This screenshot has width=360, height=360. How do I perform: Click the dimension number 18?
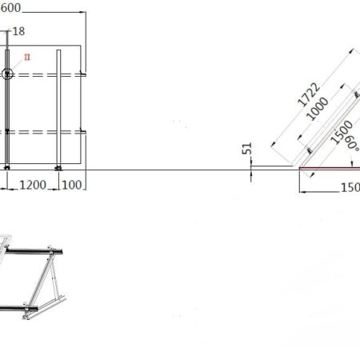19,31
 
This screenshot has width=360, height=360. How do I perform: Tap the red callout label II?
26,58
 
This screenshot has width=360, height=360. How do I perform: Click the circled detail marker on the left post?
8,74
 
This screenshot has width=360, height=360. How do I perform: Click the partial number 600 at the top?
10,7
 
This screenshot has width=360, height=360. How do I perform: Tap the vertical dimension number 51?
247,150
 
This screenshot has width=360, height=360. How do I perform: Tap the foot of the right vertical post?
58,167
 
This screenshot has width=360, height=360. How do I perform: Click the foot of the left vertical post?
7,167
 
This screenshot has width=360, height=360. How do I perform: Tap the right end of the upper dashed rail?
82,75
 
